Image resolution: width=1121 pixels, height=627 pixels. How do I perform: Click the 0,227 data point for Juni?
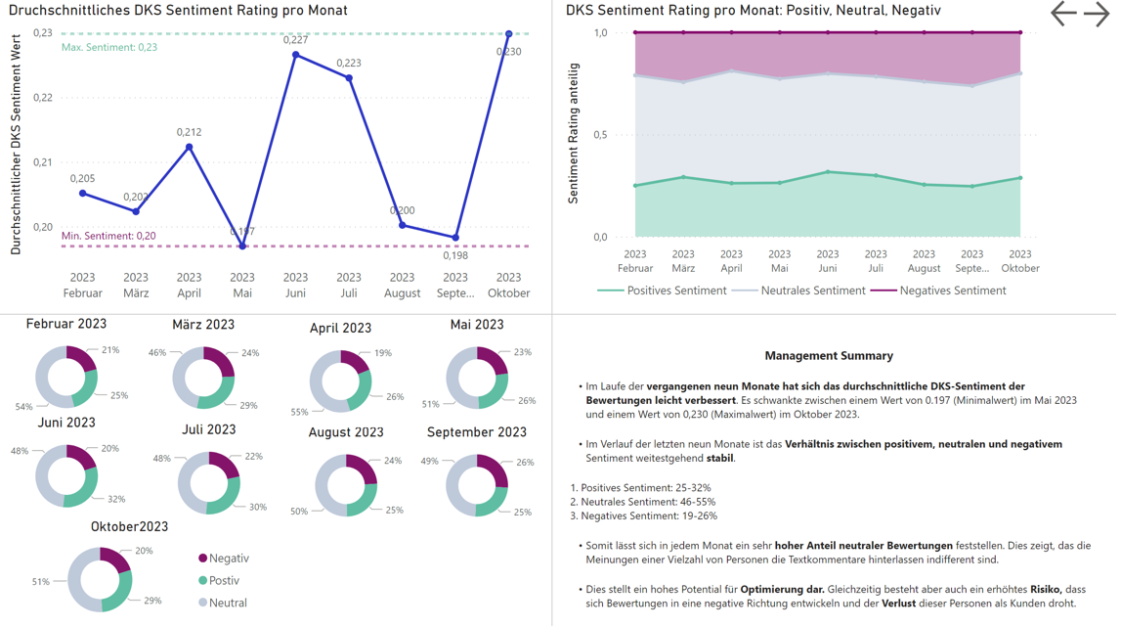point(296,55)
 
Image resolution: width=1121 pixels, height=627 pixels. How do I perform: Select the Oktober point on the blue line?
point(508,34)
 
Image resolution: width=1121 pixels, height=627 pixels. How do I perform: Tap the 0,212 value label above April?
point(190,132)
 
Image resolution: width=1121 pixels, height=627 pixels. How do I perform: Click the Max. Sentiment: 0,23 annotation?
point(109,47)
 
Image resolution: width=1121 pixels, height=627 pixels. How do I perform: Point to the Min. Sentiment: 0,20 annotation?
point(108,236)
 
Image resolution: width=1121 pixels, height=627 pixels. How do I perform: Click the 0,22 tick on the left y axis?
point(43,98)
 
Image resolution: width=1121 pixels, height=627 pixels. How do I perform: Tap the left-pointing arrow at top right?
point(1063,14)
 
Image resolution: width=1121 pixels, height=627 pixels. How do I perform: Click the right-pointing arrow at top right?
point(1097,14)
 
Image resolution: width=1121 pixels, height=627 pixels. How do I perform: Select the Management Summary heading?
point(829,356)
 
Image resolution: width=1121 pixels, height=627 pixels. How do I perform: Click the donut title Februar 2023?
point(66,324)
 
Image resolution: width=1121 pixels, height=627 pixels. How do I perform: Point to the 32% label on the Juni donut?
point(116,499)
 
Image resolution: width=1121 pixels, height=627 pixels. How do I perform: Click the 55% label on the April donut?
point(299,412)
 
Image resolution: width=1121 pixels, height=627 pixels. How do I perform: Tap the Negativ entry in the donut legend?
point(229,559)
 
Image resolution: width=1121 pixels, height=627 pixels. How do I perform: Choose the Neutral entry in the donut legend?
point(228,604)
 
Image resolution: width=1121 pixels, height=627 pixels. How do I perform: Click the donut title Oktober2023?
point(129,526)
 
